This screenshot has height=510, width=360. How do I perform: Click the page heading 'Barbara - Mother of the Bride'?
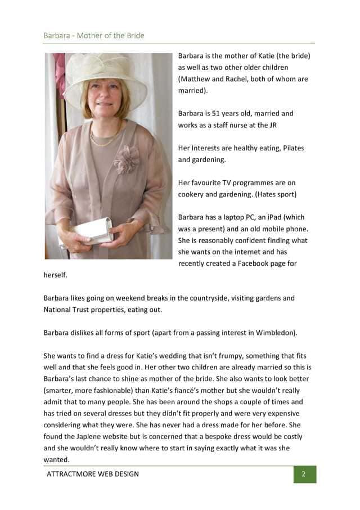pos(94,35)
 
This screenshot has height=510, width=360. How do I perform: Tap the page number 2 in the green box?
pos(304,474)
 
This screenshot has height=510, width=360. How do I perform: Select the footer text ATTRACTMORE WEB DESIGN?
pos(93,474)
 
